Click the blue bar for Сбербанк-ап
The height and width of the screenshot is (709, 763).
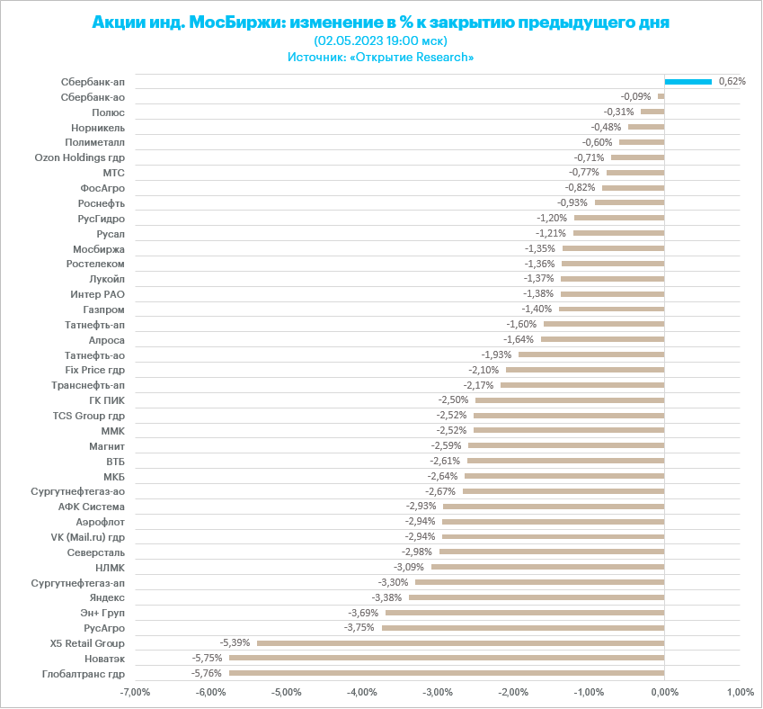(x=688, y=81)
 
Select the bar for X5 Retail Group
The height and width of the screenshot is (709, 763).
(x=460, y=643)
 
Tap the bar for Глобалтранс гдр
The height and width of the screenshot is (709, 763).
(x=447, y=673)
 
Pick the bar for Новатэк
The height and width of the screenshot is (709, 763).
(x=447, y=659)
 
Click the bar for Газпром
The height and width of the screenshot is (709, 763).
(x=611, y=309)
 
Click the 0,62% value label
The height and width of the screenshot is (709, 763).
(x=732, y=81)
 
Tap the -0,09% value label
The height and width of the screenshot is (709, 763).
(x=635, y=96)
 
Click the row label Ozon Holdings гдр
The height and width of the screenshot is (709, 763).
(x=79, y=157)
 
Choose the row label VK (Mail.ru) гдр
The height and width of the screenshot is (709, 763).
(x=87, y=537)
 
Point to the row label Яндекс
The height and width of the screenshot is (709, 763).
(x=107, y=597)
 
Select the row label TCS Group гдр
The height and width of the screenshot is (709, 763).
(x=89, y=416)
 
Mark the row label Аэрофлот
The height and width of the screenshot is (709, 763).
(x=101, y=522)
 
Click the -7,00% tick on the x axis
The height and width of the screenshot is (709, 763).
(x=135, y=693)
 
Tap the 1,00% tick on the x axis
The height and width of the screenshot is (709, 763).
(x=740, y=693)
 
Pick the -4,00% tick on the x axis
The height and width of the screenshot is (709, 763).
(x=361, y=693)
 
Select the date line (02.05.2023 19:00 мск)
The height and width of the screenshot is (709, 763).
(x=381, y=40)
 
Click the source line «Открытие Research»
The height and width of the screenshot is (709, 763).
(x=381, y=57)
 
